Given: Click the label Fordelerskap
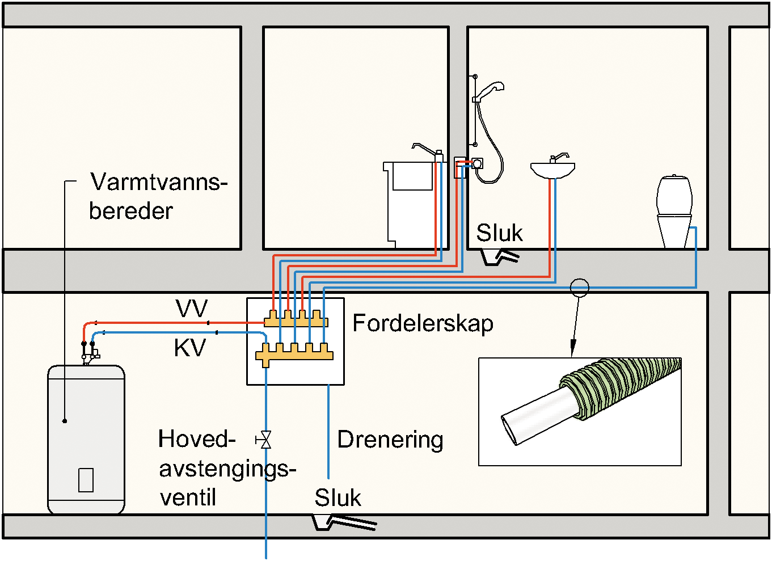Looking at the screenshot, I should click(423, 323).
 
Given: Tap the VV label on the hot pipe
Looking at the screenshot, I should click(192, 309).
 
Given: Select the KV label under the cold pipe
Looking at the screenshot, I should click(189, 348).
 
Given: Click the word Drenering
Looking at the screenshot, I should click(390, 440).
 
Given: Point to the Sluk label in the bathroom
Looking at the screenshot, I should click(499, 233).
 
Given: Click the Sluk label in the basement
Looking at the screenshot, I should click(338, 497).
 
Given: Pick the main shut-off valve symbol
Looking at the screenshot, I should click(264, 440).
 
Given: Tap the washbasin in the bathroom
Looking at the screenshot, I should click(552, 169).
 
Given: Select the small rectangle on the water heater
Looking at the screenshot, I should click(86, 480).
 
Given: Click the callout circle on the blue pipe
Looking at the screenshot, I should click(579, 288).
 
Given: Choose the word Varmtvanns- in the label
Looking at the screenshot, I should click(159, 182).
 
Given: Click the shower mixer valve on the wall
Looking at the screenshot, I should click(478, 164).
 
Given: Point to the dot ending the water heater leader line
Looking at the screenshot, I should click(65, 421).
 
